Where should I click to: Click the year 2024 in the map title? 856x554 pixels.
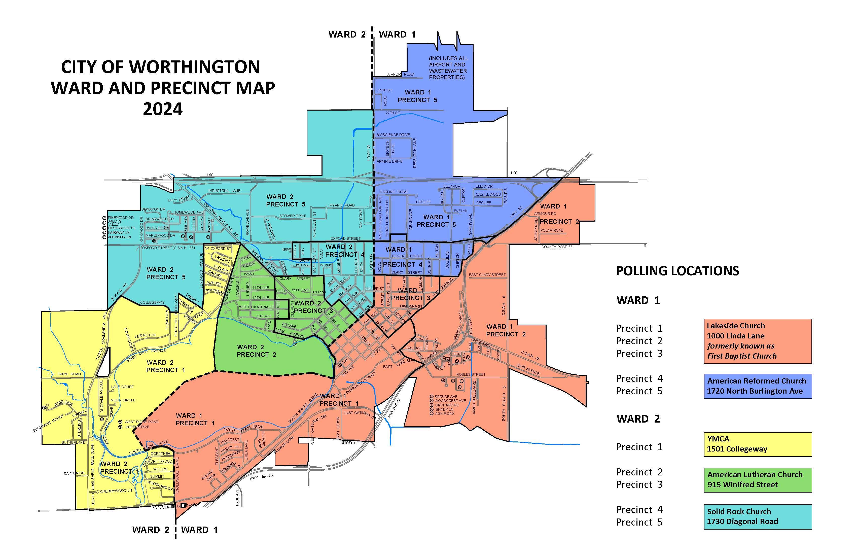[163, 109]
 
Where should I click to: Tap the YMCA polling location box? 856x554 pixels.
[758, 444]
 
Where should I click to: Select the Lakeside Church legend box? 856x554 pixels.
[758, 341]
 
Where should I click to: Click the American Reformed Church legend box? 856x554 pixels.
[758, 386]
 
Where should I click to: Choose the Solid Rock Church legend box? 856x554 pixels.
[758, 516]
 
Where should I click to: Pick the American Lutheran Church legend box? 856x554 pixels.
[758, 479]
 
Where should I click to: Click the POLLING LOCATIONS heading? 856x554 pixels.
[677, 271]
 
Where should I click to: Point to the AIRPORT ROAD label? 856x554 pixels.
[400, 75]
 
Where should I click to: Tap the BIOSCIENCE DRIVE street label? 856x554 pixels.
[393, 135]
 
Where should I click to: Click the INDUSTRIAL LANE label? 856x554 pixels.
[224, 191]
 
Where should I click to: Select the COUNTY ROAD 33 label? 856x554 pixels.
[557, 247]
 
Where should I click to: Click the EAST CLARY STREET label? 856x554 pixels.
[487, 275]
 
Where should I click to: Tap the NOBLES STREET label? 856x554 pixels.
[471, 374]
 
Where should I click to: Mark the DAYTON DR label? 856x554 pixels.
[74, 473]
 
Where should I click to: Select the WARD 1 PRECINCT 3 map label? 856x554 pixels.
[410, 294]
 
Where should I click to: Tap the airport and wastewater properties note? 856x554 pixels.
[448, 68]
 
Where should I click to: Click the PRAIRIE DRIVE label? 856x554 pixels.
[389, 161]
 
